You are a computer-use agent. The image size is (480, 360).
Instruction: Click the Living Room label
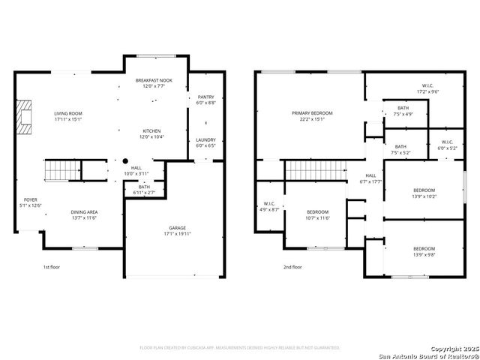pos(67,116)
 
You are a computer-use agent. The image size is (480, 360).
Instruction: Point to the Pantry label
pos(205,100)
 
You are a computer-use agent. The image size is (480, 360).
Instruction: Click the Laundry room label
pos(205,142)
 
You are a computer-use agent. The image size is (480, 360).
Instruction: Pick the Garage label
pos(177,230)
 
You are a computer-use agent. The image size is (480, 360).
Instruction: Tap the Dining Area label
pos(84,214)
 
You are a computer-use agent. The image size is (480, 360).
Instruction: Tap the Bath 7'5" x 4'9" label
pos(403,111)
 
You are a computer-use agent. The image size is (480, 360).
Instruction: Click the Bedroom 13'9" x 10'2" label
pos(424,193)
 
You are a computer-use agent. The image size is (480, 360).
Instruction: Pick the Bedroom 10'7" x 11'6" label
pos(317,215)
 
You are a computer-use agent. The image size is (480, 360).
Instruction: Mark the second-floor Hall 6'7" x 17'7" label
pos(370,178)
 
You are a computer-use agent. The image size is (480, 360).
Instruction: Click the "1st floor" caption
pos(52,267)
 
